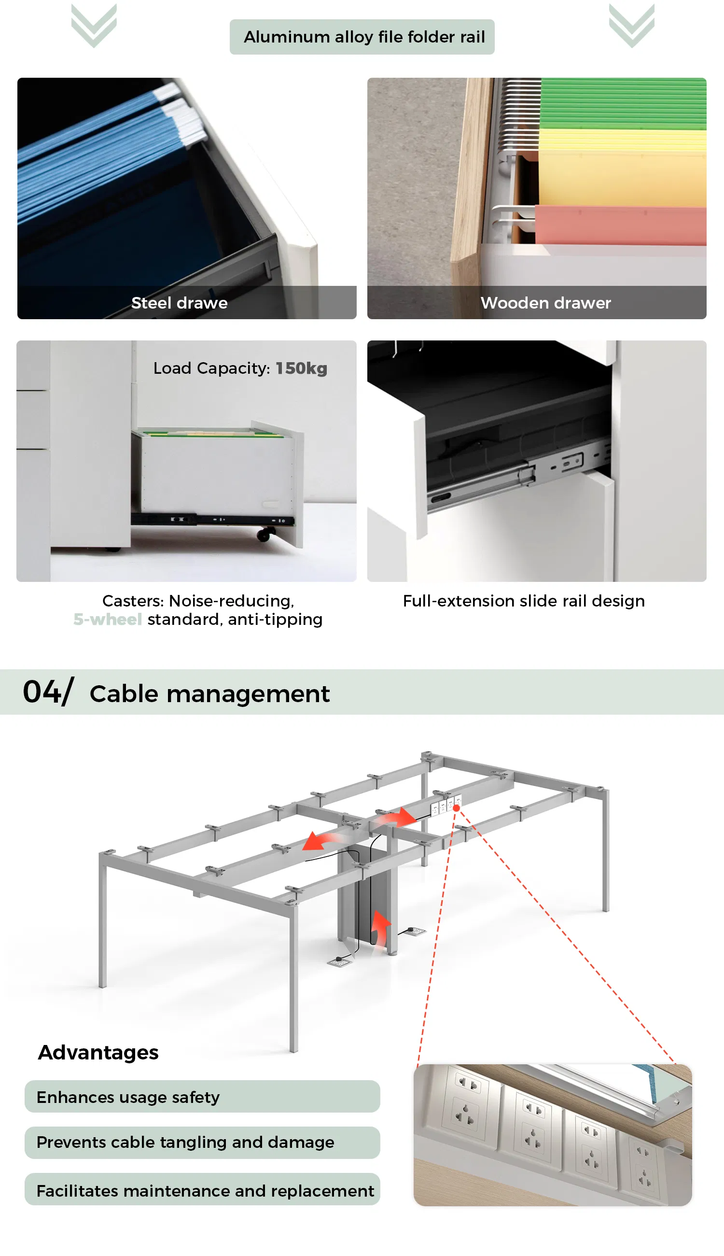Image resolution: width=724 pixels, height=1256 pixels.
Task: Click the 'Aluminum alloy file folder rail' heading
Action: [x=364, y=37]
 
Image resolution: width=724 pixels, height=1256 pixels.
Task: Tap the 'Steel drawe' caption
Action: [x=180, y=303]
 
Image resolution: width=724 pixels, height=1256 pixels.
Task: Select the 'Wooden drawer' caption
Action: [x=545, y=303]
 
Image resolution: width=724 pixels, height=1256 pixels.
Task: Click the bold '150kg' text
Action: [x=301, y=368]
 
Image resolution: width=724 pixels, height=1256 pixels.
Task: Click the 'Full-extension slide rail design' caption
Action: [x=524, y=601]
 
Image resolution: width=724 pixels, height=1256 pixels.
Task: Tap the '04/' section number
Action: [x=48, y=692]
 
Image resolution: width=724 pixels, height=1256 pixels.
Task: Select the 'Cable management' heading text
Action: [x=209, y=694]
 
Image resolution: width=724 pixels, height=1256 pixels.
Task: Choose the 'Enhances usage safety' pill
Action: [x=202, y=1096]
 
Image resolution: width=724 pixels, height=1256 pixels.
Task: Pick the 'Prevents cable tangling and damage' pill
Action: [x=202, y=1143]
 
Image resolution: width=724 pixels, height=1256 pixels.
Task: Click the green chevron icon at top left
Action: [x=94, y=26]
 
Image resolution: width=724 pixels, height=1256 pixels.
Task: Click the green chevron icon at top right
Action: [x=631, y=26]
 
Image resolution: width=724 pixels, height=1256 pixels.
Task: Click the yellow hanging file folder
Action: [x=623, y=167]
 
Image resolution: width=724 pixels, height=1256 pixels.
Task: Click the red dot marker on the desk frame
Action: [x=456, y=808]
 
